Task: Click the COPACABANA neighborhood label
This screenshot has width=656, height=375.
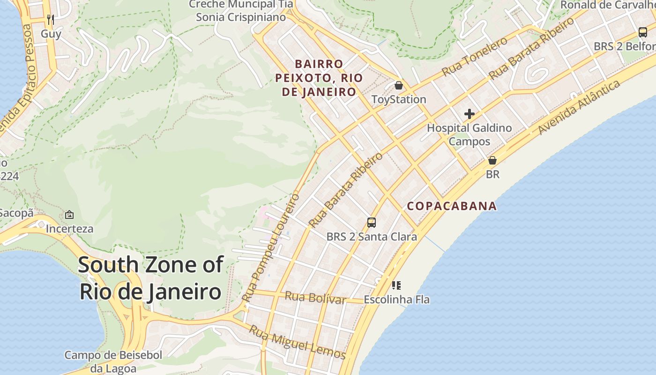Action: [x=452, y=206]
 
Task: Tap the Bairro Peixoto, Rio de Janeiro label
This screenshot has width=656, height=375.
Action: [x=319, y=78]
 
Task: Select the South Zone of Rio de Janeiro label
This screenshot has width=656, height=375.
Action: [x=150, y=278]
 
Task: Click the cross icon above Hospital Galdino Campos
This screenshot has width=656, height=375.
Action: [x=469, y=114]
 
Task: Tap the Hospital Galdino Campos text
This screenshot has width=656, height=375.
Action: [x=469, y=135]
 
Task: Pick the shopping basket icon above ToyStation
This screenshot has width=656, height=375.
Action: [x=398, y=85]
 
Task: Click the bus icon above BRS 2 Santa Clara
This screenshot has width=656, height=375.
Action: [x=371, y=223]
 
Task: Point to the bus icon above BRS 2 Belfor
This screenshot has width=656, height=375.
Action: [x=642, y=32]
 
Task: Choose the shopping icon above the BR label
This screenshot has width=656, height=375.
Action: [x=492, y=160]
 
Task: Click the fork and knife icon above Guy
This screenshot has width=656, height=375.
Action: [x=51, y=20]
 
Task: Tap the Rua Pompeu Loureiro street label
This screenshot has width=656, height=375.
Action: [x=271, y=247]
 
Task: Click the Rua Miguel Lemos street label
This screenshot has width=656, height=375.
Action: [x=297, y=342]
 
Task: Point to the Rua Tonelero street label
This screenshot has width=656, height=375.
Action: [x=475, y=56]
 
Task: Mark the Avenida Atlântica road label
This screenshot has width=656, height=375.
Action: [x=580, y=107]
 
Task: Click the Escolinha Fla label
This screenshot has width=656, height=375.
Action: [x=396, y=299]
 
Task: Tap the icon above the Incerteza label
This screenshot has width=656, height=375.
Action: [x=69, y=215]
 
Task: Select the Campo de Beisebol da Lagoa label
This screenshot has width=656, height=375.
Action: [x=113, y=362]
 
